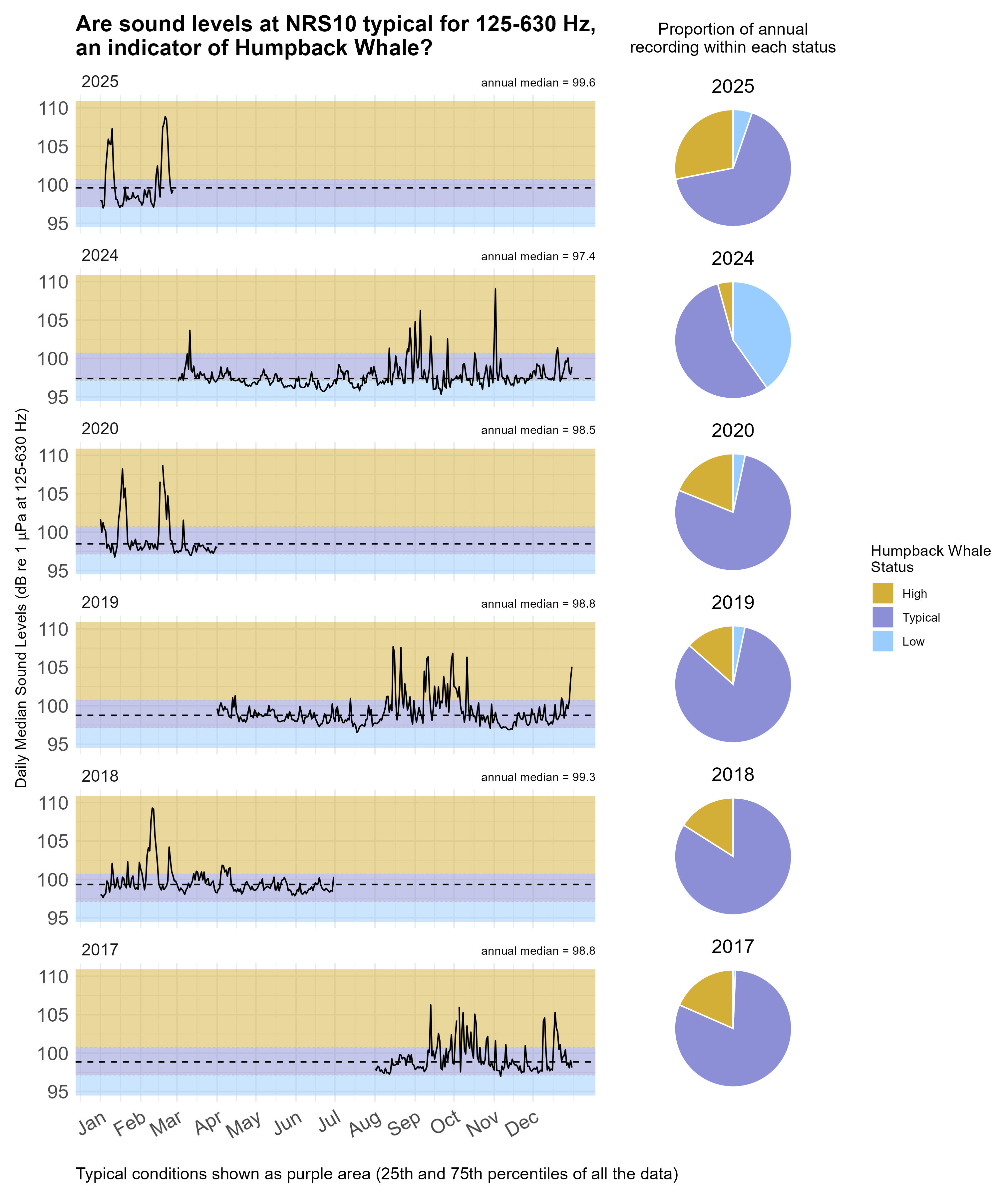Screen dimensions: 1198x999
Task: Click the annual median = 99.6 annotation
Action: point(538,83)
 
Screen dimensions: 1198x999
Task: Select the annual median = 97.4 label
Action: point(538,256)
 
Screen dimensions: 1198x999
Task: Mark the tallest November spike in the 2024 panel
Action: point(495,290)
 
